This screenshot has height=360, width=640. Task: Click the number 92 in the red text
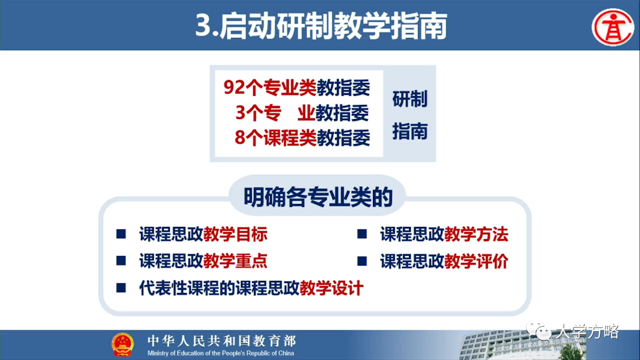(234, 87)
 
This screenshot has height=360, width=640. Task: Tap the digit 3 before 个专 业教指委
(240, 112)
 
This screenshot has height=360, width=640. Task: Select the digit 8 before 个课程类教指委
(240, 137)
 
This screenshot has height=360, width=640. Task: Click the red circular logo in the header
(613, 27)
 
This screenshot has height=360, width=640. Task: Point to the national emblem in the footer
(122, 344)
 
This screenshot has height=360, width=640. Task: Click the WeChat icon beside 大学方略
(539, 330)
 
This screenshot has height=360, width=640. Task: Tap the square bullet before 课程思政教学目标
(121, 234)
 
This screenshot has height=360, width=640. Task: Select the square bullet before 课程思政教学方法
(362, 234)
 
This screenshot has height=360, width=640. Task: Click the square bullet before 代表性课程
(121, 287)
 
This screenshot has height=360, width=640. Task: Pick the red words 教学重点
(235, 261)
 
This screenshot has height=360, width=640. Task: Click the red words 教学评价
(476, 261)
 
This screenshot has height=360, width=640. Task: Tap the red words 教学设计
(331, 287)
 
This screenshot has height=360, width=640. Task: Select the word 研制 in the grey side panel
(410, 99)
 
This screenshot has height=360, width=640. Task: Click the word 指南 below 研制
(410, 131)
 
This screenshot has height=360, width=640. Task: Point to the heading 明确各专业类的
(318, 197)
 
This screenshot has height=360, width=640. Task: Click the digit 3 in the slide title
(203, 25)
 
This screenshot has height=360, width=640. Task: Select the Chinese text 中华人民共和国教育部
(221, 341)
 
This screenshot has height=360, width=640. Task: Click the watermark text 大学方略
(587, 331)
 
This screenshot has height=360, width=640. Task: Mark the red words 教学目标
(235, 234)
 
